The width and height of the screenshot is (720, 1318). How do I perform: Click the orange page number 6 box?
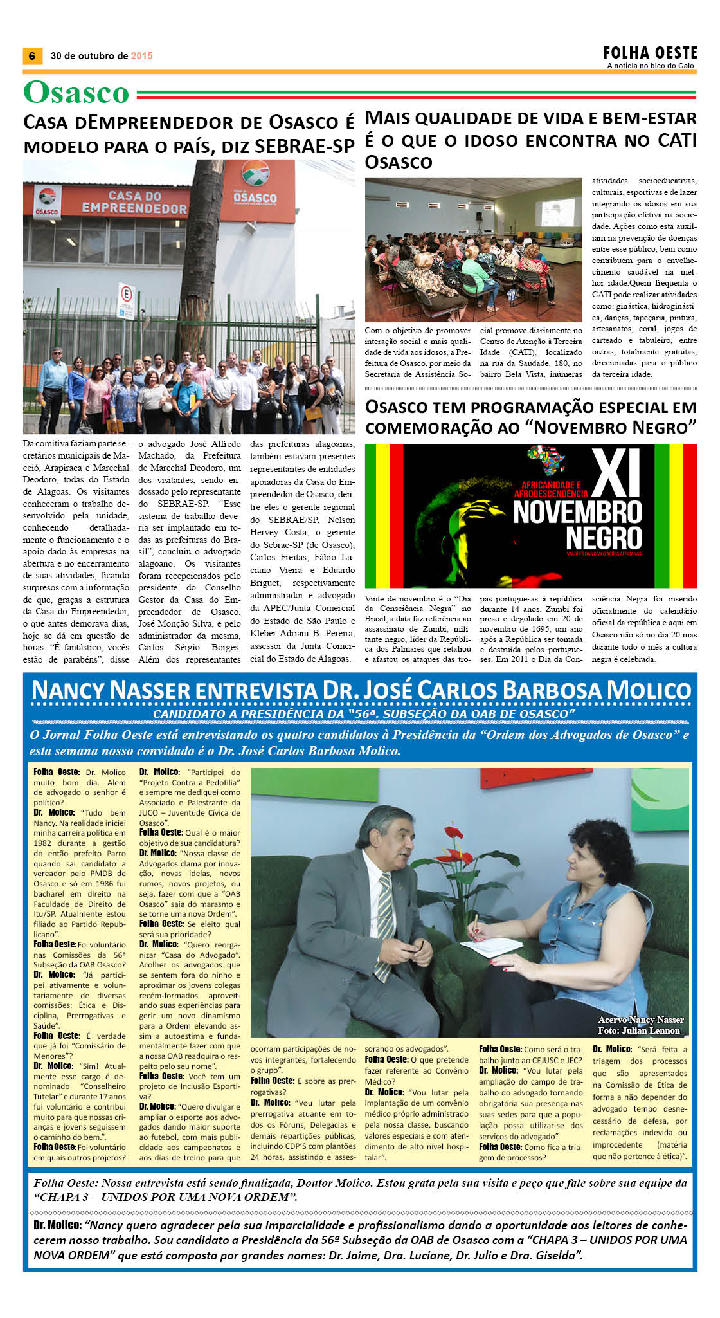pos(32,56)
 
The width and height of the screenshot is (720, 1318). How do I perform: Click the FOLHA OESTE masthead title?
pos(650,53)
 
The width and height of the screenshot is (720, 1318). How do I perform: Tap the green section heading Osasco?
pos(76,93)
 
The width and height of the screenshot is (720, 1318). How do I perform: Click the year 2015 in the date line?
pos(141,56)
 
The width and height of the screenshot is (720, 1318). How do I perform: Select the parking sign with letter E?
pos(126,294)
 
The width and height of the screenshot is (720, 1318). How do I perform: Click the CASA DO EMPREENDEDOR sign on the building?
pos(134,202)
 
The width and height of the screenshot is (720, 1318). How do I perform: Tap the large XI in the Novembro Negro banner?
pos(616,473)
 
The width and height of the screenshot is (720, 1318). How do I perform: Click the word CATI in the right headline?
pos(677,140)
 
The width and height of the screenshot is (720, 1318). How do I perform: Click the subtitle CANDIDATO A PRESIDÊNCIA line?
pos(363,714)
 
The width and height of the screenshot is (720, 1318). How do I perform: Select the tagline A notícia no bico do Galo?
pos(651,66)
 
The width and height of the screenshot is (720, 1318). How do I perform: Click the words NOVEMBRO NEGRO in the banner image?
pos(577,525)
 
